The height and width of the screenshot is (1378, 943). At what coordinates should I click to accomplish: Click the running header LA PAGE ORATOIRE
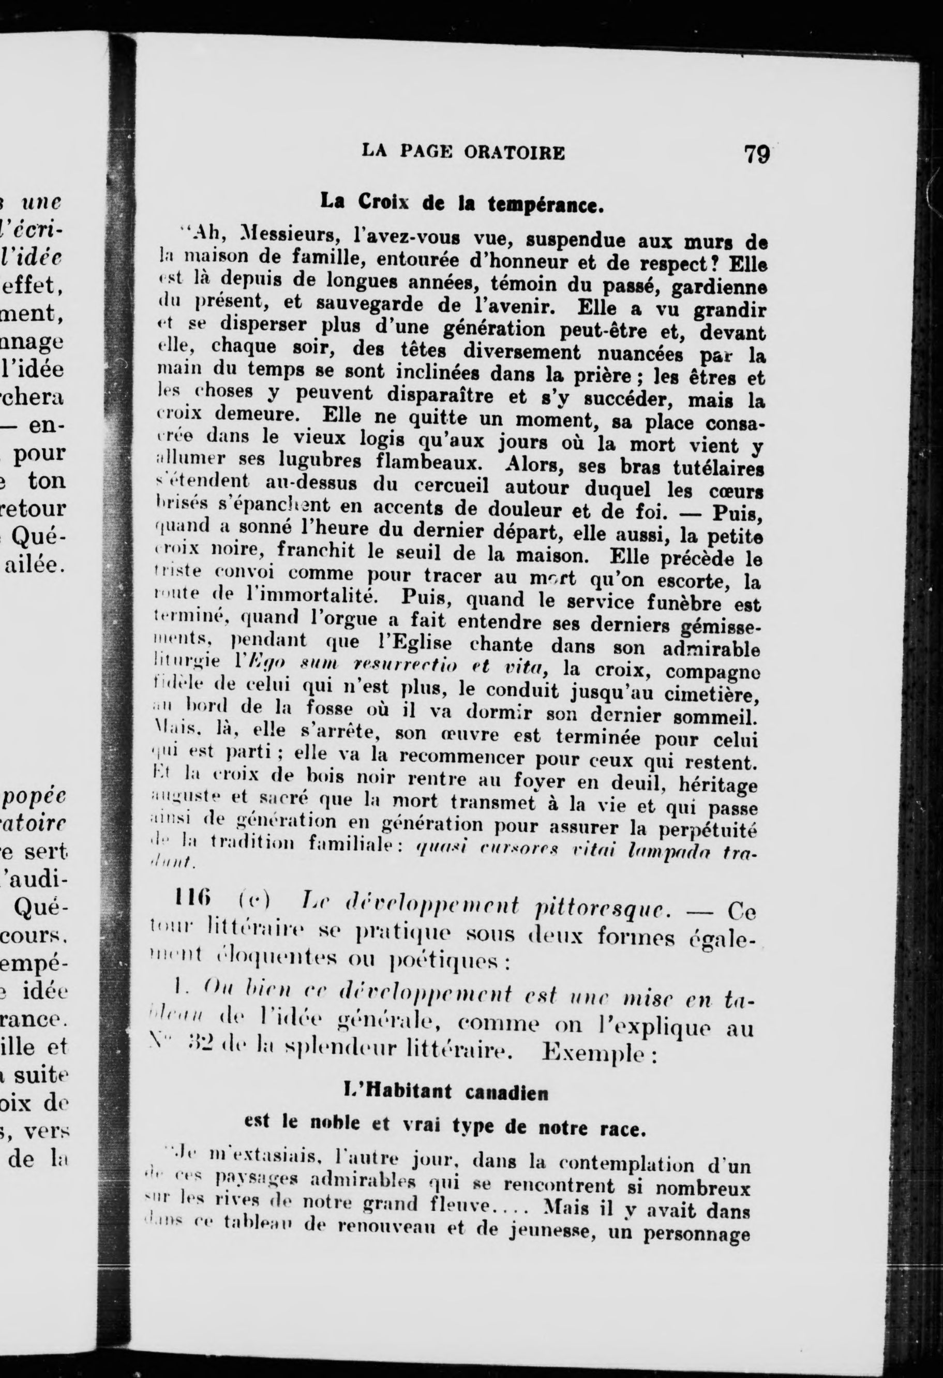tap(463, 153)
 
